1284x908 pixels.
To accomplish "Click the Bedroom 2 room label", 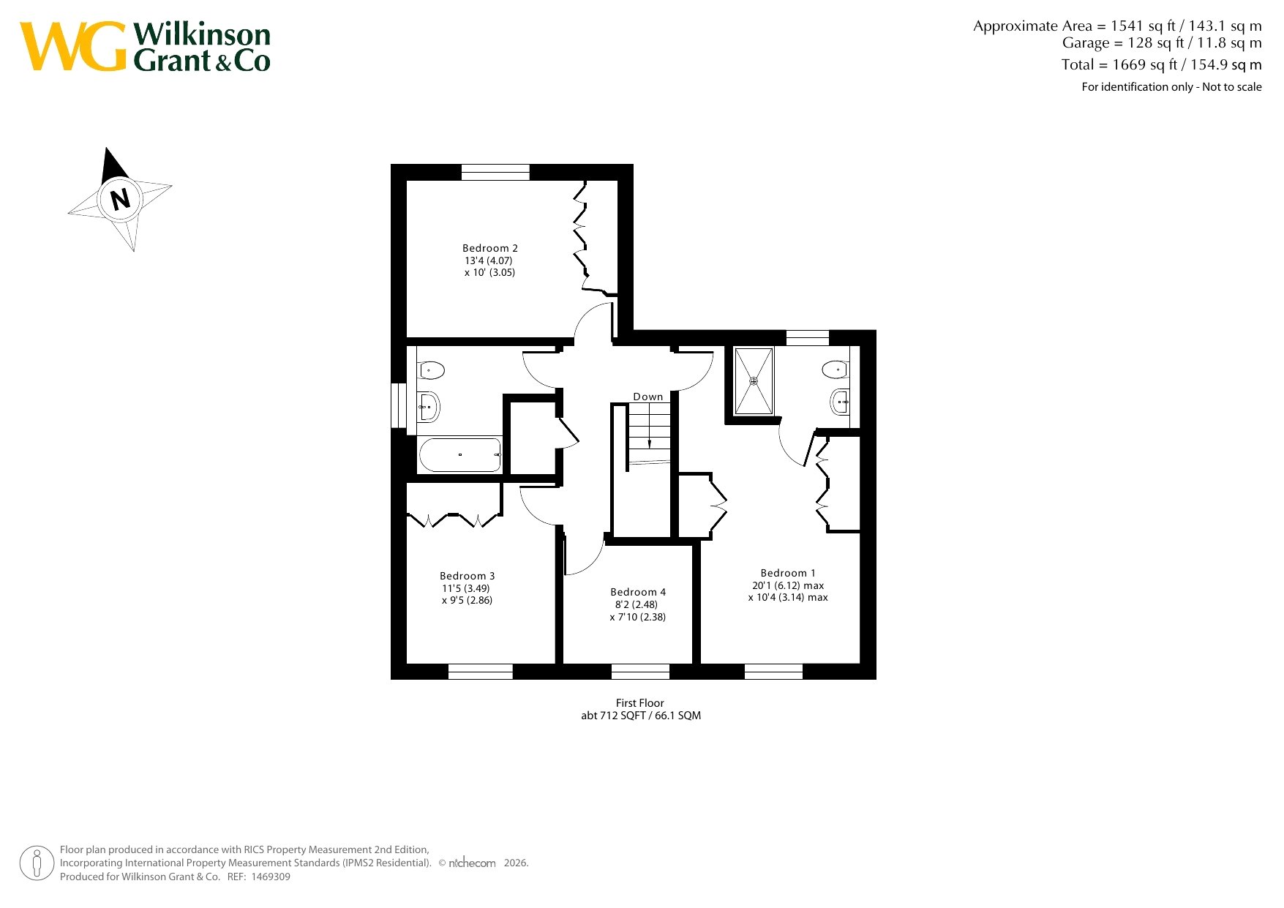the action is coord(490,248).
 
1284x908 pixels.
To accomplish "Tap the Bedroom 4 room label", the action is coord(638,592).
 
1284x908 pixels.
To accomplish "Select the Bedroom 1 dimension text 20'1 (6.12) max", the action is coord(788,585).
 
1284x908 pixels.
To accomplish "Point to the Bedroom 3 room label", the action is coord(468,576).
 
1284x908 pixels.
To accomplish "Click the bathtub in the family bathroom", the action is coord(460,455).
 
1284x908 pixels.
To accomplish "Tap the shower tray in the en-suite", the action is coord(754,381).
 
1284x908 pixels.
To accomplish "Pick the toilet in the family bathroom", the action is coord(431,370).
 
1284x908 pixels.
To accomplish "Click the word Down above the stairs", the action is coord(648,397).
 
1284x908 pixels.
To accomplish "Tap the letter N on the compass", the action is coord(121,198).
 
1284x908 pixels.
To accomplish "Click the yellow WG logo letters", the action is coord(73,46).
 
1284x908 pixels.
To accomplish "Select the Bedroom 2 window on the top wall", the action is coord(495,172).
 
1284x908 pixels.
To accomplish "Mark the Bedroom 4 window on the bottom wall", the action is coord(640,672).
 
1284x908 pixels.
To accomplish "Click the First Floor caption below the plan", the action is coord(640,703).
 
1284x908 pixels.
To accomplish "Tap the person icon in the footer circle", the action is coord(37,863).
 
